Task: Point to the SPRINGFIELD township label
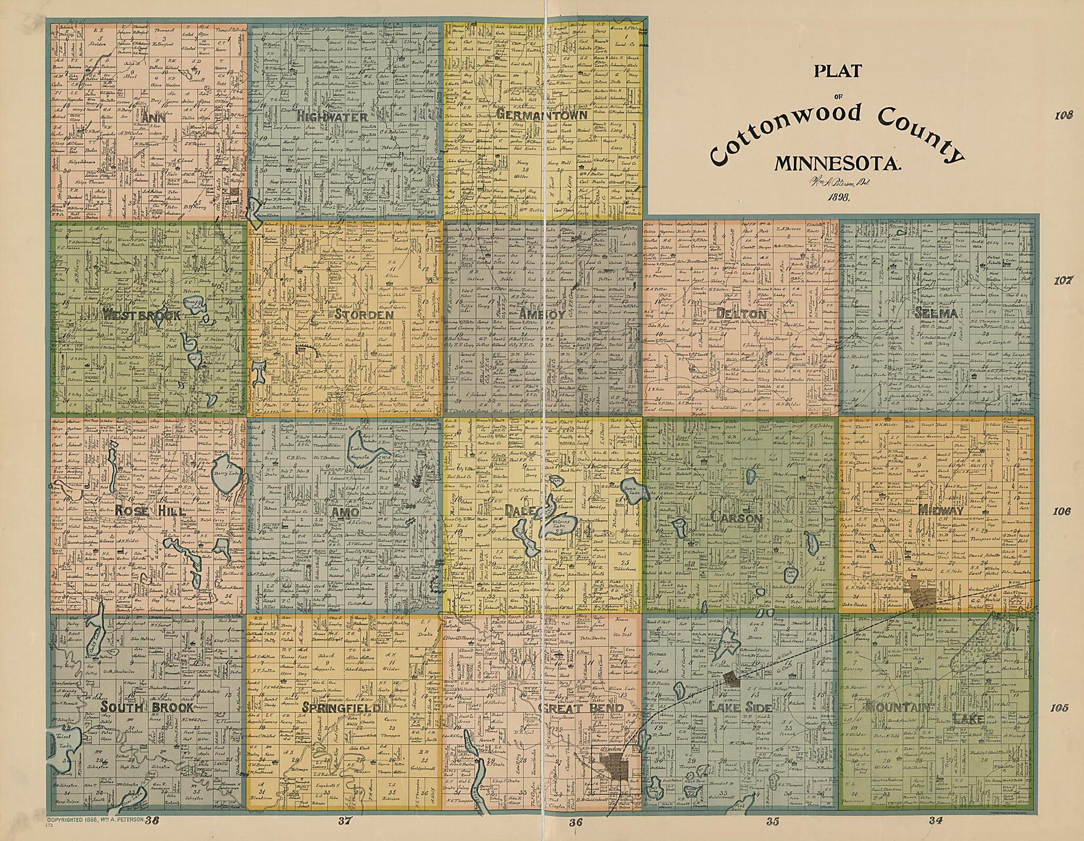(341, 708)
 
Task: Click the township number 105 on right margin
(1059, 708)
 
